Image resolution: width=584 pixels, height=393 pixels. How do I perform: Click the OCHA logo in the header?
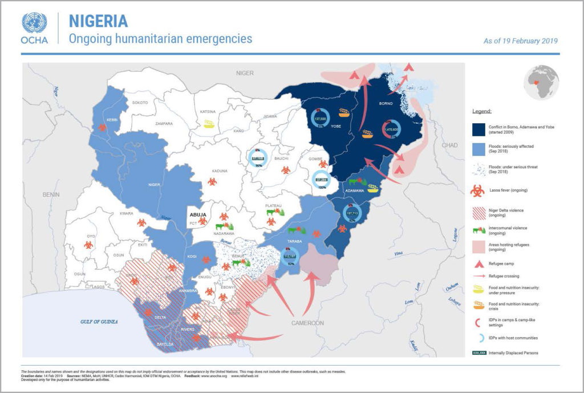pos(34,29)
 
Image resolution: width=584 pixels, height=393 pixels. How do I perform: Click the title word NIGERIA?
pos(98,21)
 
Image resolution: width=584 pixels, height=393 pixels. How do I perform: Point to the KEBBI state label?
pos(112,119)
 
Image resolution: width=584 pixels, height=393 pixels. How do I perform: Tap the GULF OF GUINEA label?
pos(98,322)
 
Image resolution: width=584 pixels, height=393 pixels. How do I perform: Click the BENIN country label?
pos(51,195)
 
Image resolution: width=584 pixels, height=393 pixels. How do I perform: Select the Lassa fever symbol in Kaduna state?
pos(212,181)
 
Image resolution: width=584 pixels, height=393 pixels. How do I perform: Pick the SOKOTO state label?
pos(140,103)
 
